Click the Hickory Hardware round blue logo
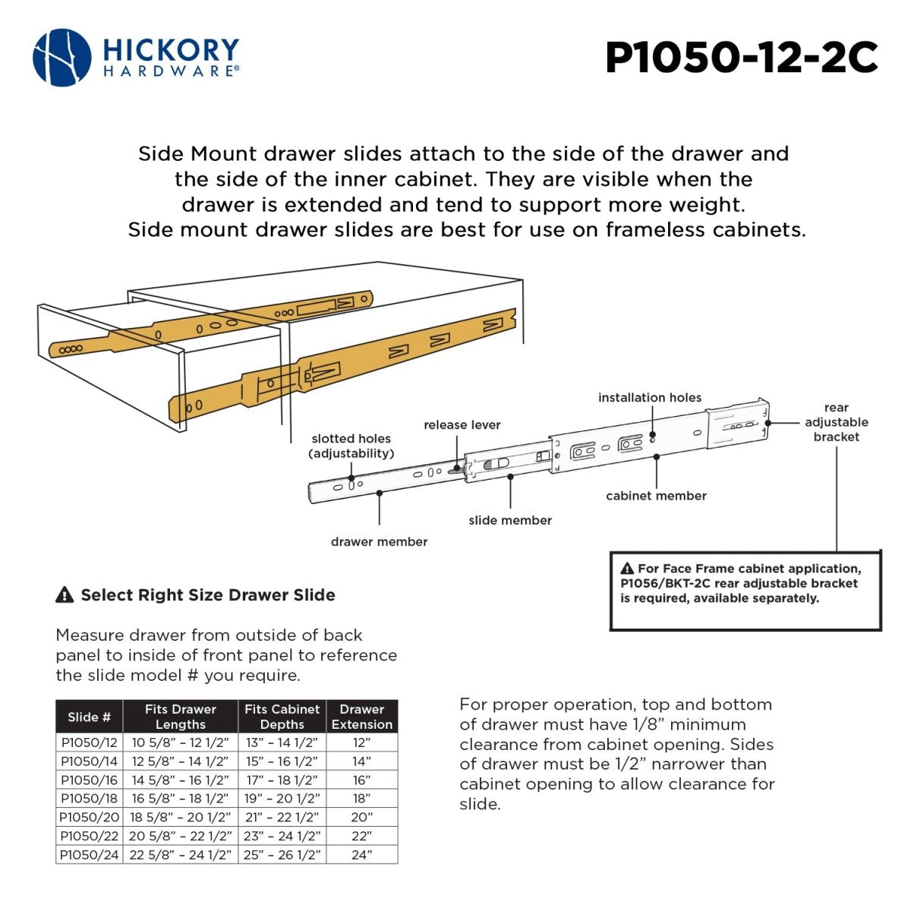pos(62,58)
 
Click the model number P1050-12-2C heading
pos(741,58)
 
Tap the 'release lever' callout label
pos(462,425)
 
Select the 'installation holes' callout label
pos(649,398)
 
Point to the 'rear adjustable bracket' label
pos(836,422)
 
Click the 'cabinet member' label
pos(656,496)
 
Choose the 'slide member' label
pos(510,520)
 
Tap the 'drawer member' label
pos(379,541)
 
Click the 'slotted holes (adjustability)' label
pos(351,446)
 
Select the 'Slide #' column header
pos(89,717)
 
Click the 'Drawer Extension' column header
pos(361,717)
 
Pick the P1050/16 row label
pos(90,780)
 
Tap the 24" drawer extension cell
pos(361,855)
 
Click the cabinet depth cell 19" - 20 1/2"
pos(282,799)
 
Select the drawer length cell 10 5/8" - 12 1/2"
pos(180,742)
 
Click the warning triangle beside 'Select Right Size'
pos(65,595)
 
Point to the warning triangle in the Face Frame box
pos(627,569)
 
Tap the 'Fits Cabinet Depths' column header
pos(282,717)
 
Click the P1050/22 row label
pos(90,836)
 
